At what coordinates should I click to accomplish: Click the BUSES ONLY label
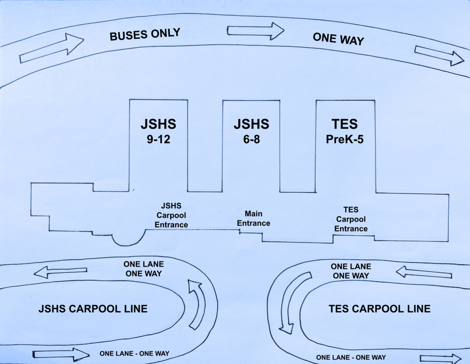(145, 35)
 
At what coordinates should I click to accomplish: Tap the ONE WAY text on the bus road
(338, 39)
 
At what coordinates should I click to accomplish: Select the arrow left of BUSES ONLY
(51, 48)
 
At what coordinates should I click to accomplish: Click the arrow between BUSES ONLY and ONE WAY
(256, 31)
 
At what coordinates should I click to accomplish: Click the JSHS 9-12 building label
(158, 131)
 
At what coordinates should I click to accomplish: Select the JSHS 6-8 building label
(251, 131)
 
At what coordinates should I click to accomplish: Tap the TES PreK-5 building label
(345, 131)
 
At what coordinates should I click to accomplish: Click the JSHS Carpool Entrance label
(171, 215)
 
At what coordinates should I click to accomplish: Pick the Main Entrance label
(253, 218)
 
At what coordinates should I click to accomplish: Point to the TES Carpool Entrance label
(351, 219)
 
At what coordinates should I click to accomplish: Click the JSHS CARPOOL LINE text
(93, 308)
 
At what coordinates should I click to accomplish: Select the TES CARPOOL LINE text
(380, 308)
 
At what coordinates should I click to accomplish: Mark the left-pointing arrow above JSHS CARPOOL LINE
(60, 272)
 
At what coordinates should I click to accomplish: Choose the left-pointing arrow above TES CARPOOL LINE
(424, 273)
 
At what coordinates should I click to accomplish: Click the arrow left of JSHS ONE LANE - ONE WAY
(61, 354)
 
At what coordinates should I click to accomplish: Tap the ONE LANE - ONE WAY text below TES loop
(351, 357)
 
